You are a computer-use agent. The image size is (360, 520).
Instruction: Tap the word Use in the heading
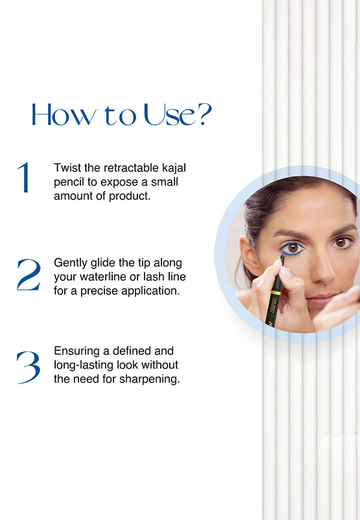(x=170, y=115)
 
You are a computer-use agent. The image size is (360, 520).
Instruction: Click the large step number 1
(x=24, y=177)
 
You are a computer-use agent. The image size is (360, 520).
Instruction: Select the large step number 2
(x=29, y=274)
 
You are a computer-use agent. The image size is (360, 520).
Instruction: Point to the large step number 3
(x=29, y=367)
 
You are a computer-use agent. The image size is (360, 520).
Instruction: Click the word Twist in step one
(x=67, y=168)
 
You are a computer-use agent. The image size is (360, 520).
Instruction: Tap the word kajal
(x=174, y=169)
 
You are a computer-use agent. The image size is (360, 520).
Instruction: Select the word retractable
(x=131, y=168)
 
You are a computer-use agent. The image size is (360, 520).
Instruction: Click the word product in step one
(x=130, y=196)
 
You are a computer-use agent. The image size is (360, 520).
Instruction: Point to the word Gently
(x=70, y=264)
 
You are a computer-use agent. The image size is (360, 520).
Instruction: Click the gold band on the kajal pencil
(x=276, y=292)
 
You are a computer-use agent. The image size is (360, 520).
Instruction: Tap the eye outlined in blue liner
(x=292, y=248)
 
